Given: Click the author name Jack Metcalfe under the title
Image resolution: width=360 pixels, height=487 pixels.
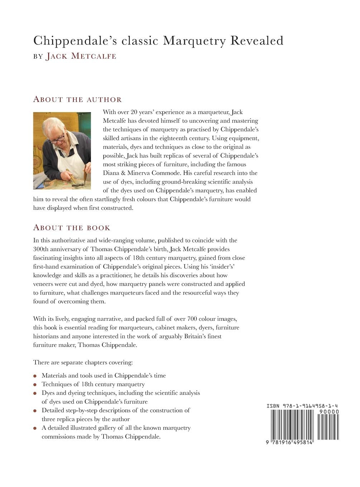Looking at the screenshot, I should pos(81,56).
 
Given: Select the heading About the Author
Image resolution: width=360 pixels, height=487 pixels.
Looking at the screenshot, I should pos(77,99).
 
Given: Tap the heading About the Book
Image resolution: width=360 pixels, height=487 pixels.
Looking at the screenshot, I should pos(72,228).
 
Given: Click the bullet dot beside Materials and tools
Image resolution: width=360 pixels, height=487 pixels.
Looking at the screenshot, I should pos(35,376).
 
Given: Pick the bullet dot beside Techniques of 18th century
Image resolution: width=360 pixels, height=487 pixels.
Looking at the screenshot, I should pos(35,385).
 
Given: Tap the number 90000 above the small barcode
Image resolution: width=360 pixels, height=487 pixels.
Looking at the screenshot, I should pos(329,411).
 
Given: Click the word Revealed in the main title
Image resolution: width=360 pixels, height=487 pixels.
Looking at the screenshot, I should pos(256,41).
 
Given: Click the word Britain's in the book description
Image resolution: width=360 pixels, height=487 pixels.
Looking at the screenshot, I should pos(205,336).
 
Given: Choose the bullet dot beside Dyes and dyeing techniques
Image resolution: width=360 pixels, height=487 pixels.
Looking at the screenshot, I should pos(35,393).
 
